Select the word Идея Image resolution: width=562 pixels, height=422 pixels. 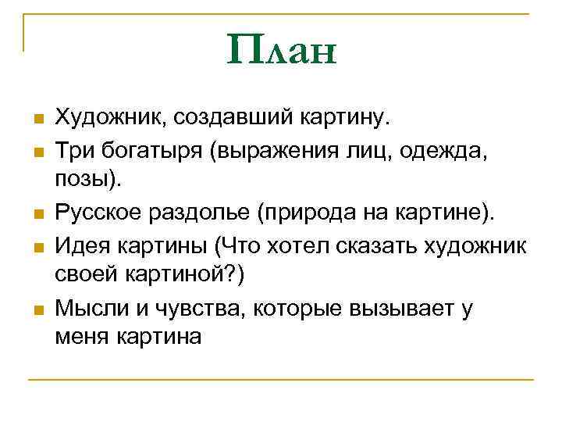87,245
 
